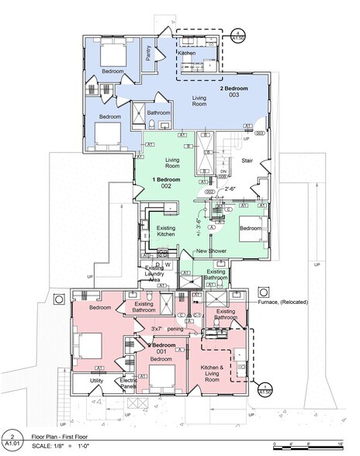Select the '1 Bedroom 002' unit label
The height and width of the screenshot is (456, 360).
[x=161, y=183]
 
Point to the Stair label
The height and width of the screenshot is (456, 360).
[x=248, y=161]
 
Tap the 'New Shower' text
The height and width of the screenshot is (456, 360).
[x=211, y=251]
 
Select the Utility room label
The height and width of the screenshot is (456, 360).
[x=96, y=381]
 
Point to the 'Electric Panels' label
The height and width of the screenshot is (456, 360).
[x=129, y=384]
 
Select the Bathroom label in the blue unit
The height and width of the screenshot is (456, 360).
[x=159, y=112]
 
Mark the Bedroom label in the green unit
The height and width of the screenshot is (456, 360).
[x=251, y=229]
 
